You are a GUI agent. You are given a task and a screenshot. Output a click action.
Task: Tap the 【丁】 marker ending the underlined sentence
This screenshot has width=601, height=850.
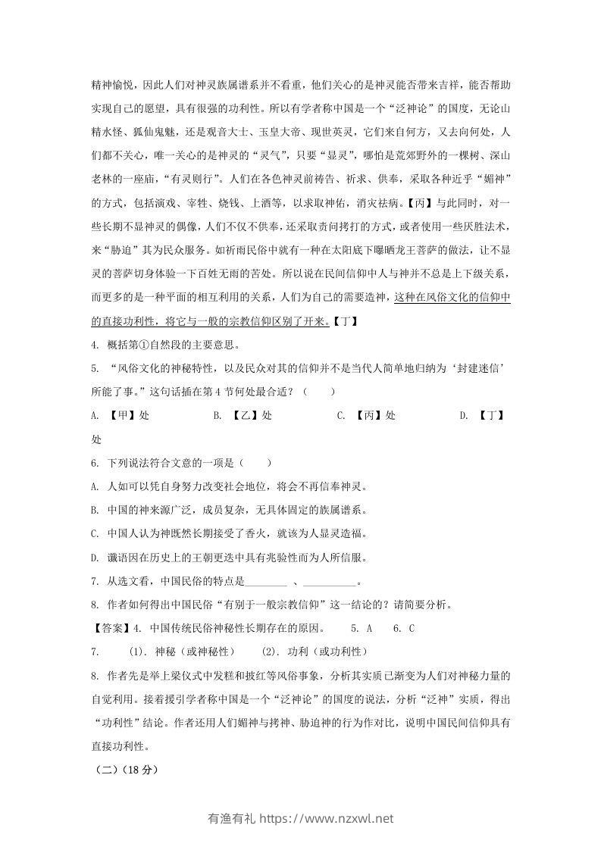click(x=346, y=322)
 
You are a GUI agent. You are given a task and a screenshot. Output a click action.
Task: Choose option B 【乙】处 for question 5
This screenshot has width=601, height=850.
click(x=242, y=416)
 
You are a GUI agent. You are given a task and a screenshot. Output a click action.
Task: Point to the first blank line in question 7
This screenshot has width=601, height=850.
click(x=267, y=583)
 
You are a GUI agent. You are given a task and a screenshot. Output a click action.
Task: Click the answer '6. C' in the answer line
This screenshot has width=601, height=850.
click(x=405, y=629)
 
